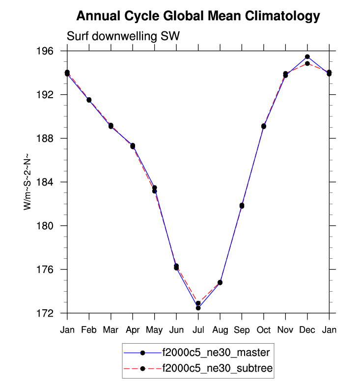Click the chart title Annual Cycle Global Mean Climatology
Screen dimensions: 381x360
[198, 16]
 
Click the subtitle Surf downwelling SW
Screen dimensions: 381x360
[123, 36]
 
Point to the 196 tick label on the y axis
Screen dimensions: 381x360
[52, 51]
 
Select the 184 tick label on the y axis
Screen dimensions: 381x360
[52, 182]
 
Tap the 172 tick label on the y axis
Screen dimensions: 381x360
[52, 313]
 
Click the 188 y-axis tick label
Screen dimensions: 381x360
[52, 138]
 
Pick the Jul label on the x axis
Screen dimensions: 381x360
[198, 330]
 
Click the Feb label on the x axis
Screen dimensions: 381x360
[89, 330]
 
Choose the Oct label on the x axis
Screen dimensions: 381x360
[264, 330]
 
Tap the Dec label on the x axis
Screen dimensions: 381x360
[307, 330]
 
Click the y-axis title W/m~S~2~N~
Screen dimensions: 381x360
[28, 182]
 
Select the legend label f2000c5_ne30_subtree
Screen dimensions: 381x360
[218, 368]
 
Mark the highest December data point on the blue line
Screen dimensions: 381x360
[307, 57]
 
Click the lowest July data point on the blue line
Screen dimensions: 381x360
[198, 308]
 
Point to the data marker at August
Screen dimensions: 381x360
[220, 282]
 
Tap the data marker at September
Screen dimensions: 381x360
[242, 205]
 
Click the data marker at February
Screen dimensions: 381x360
[89, 100]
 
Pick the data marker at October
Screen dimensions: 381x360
[264, 126]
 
